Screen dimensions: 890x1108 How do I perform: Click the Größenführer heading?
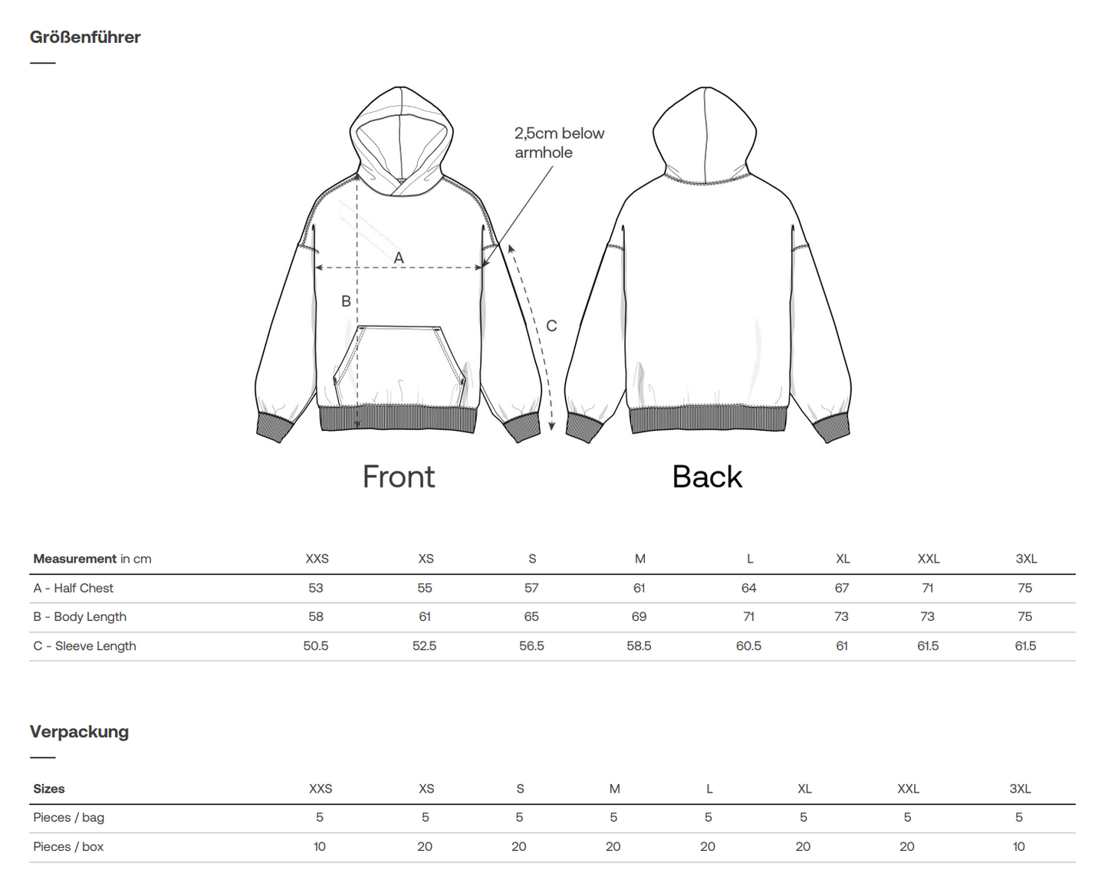(x=85, y=38)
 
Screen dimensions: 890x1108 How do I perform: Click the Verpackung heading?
(x=79, y=731)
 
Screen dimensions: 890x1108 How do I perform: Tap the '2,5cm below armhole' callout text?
(x=559, y=143)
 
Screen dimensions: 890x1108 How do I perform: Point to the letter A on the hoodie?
(x=399, y=258)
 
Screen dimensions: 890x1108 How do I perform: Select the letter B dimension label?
(x=346, y=302)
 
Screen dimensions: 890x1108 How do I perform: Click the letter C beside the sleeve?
(x=551, y=327)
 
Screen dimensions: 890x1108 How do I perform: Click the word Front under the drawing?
(x=398, y=477)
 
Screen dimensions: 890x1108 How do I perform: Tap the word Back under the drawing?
(x=707, y=477)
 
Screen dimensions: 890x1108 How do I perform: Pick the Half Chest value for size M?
(x=639, y=588)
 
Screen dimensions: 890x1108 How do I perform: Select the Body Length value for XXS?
(x=316, y=616)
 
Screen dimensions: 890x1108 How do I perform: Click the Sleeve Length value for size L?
(x=748, y=645)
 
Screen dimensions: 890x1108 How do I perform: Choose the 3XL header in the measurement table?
(x=1026, y=559)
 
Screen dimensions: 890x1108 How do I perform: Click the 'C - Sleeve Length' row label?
(x=84, y=645)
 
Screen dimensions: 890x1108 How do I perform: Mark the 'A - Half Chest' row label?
(x=73, y=588)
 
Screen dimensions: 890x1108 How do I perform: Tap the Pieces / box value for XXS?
(x=320, y=846)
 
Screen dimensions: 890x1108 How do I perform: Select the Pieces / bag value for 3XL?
(x=1019, y=817)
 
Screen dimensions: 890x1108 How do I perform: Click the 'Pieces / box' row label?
(x=68, y=846)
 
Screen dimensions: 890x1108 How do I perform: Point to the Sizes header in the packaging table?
(x=49, y=789)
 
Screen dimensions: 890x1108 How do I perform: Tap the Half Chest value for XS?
(x=425, y=588)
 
